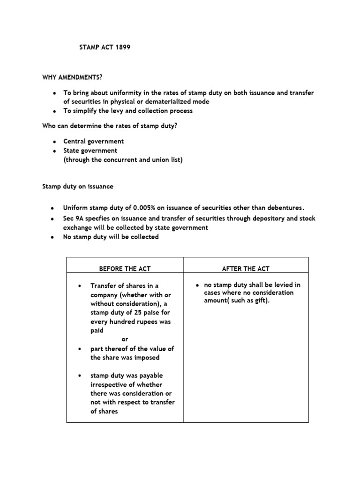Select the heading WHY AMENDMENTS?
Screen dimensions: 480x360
72,77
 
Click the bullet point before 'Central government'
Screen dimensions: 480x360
54,142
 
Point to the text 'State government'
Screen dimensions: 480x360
90,150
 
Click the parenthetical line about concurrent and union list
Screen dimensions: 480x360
123,159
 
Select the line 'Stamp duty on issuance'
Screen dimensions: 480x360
77,187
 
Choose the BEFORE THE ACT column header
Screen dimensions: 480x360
125,269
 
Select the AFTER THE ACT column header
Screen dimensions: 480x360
246,269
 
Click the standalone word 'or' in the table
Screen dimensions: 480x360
125,339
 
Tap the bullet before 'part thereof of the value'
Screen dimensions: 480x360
81,349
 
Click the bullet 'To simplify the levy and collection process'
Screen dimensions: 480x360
128,111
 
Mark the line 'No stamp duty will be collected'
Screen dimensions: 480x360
111,237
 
